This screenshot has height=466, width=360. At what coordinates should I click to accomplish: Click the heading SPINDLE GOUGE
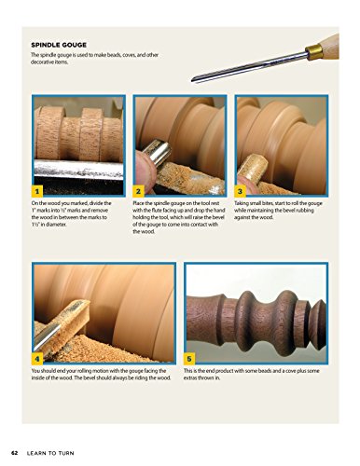click(x=62, y=44)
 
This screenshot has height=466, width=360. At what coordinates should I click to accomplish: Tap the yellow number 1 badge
click(x=36, y=192)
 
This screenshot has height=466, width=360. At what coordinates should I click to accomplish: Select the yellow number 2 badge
click(x=137, y=192)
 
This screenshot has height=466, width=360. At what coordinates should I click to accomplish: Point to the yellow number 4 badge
click(x=36, y=358)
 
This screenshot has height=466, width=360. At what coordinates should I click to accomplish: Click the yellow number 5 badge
click(x=190, y=358)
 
